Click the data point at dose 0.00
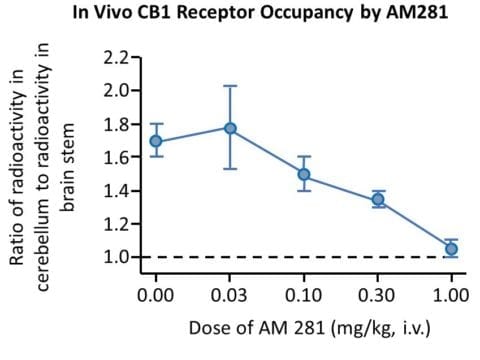pos(156,141)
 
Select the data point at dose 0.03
pos(230,128)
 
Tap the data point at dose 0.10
pos(304,174)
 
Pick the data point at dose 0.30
pos(378,199)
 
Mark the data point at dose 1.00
pos(452,248)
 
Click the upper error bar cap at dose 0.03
pos(230,86)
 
